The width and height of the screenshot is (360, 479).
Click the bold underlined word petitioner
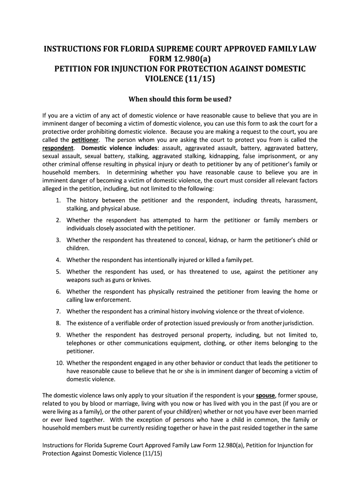pyautogui.click(x=85, y=140)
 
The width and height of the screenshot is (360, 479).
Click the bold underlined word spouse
pyautogui.click(x=265, y=395)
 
